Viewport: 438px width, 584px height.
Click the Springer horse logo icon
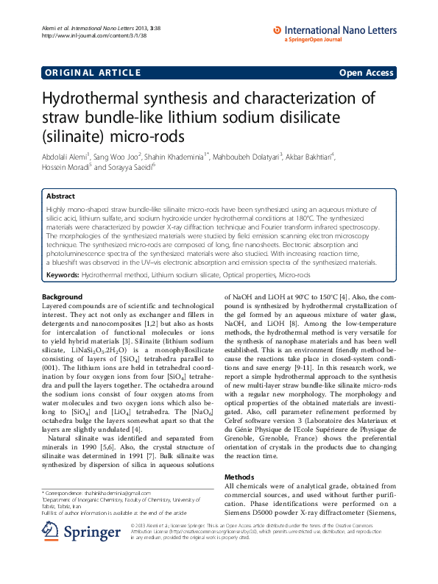coord(50,530)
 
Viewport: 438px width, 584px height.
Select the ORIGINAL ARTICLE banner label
coord(91,72)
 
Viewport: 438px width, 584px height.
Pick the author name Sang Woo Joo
coord(117,156)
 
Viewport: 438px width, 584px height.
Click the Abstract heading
coord(60,197)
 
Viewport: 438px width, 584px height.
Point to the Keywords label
coord(63,274)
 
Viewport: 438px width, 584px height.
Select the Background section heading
coord(63,296)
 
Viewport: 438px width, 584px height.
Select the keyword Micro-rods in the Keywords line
coord(295,274)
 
